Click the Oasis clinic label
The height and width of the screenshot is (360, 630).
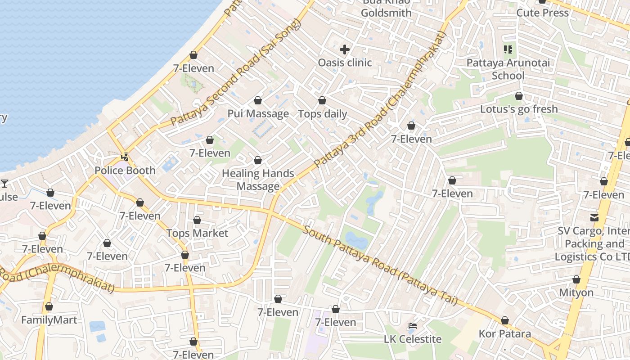pos(345,63)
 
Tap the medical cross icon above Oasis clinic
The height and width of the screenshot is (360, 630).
pos(345,49)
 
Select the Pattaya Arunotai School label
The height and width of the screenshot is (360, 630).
pos(508,69)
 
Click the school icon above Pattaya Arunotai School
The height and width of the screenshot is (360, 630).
pos(508,49)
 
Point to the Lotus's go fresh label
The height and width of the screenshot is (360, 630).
pos(519,109)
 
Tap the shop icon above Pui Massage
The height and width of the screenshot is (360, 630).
pos(258,100)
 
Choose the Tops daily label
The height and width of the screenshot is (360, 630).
pos(323,114)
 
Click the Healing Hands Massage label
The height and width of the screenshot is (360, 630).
pos(258,180)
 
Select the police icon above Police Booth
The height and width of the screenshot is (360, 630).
pos(125,157)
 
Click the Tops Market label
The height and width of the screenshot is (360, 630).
pos(197,233)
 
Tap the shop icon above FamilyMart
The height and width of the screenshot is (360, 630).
pos(49,307)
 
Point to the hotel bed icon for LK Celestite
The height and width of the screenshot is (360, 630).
pos(413,326)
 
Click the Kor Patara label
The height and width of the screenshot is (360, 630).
pos(504,334)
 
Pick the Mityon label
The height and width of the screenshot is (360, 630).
pos(576,292)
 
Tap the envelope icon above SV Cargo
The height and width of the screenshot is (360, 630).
pos(594,218)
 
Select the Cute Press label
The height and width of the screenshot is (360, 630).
pos(542,13)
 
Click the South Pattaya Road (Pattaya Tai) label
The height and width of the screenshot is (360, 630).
pos(380,265)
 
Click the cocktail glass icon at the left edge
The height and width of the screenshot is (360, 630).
pos(4,183)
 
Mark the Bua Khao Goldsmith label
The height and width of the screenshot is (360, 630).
pos(386,8)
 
